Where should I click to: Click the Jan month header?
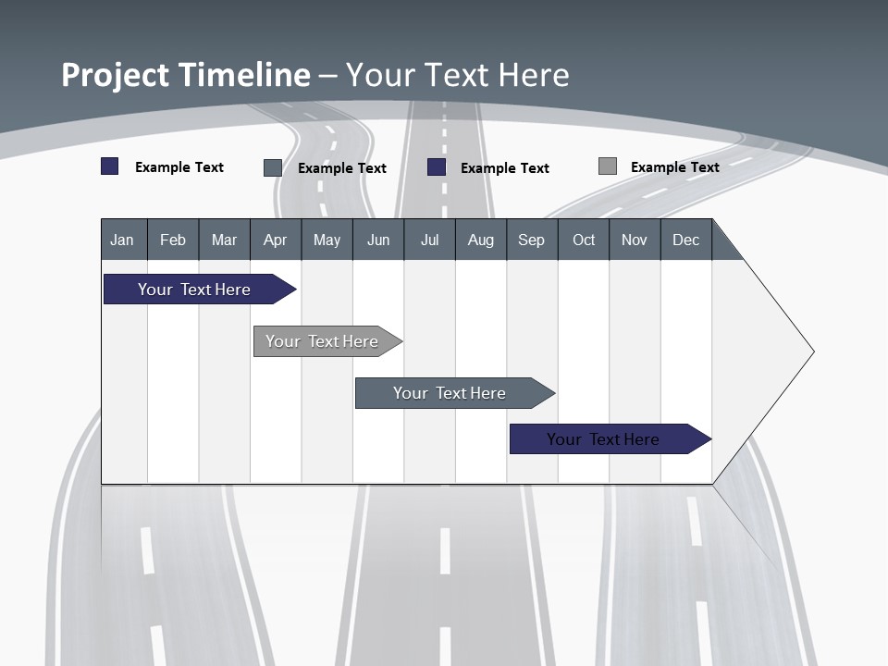point(123,240)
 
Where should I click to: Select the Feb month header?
point(173,240)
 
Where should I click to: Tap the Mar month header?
point(224,240)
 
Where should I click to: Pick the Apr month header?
point(275,240)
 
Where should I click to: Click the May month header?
point(327,240)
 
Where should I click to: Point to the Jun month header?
point(378,240)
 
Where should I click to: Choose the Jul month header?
point(429,240)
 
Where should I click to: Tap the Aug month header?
point(480,240)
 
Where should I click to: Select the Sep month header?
point(532,240)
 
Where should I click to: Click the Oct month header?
point(583,240)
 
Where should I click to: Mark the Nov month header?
point(635,240)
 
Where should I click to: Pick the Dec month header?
point(685,240)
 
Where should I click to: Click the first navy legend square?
point(110,166)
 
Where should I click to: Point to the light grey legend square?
point(608,166)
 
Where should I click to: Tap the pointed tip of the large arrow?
point(810,351)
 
